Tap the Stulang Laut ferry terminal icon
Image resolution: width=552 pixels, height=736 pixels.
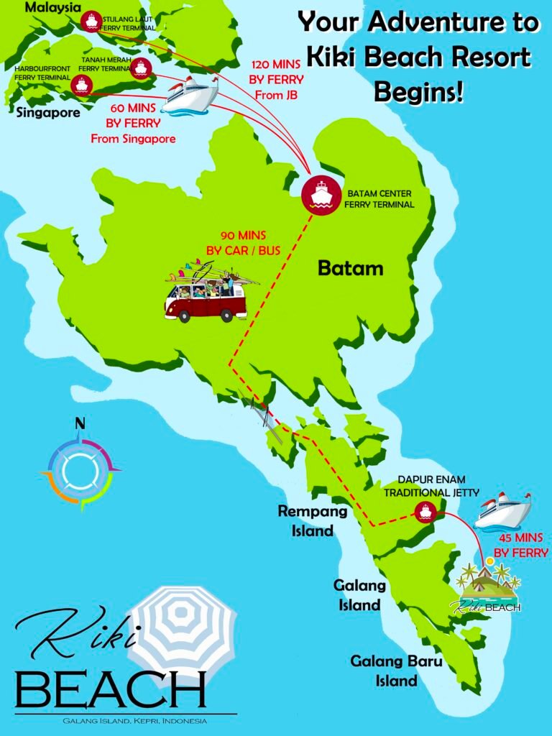[x=91, y=21]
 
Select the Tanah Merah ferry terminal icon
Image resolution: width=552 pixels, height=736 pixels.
[x=140, y=68]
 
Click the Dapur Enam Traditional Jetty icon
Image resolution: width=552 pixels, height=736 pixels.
[x=425, y=512]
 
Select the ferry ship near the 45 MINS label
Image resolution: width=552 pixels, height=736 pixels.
[x=502, y=511]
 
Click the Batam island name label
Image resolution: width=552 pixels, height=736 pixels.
[x=351, y=269]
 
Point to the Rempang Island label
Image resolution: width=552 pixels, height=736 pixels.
[x=313, y=521]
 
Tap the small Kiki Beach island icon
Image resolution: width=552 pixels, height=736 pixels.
[x=489, y=586]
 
